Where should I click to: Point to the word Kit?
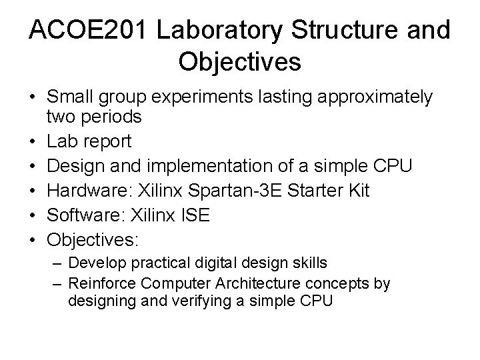coord(358,190)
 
